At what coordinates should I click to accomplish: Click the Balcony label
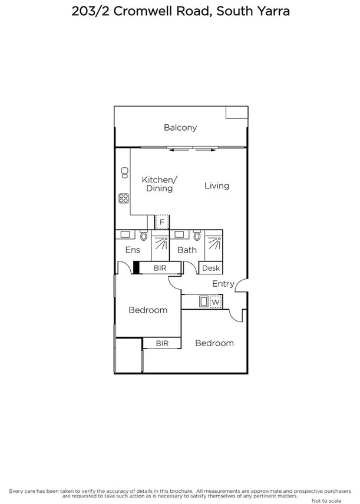[x=180, y=127]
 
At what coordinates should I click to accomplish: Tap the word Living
[x=217, y=185]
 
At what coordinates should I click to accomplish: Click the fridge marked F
[x=162, y=222]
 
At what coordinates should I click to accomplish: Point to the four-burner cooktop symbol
[x=124, y=198]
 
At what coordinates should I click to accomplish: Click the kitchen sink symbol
[x=124, y=172]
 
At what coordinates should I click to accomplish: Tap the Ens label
[x=133, y=250]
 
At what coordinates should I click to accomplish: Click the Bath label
[x=187, y=250]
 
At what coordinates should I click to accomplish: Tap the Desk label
[x=210, y=268]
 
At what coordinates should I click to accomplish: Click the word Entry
[x=223, y=284]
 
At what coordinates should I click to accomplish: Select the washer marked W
[x=216, y=303]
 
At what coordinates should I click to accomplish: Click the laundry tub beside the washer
[x=203, y=303]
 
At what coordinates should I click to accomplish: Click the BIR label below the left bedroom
[x=163, y=343]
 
